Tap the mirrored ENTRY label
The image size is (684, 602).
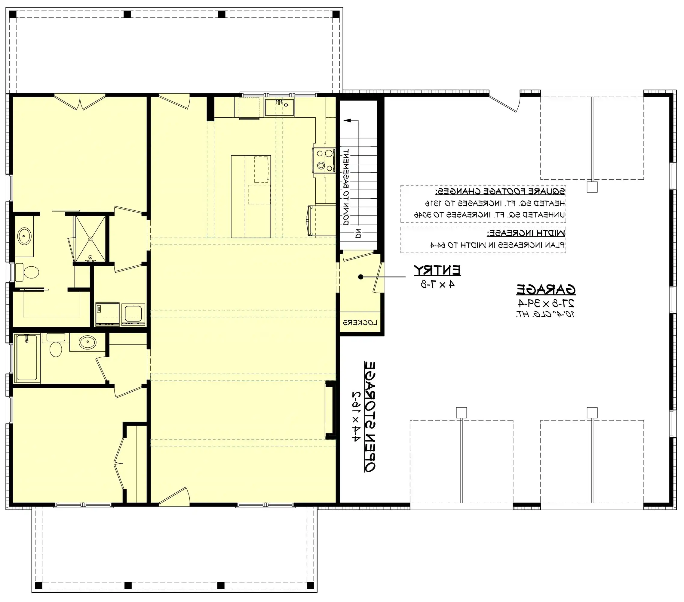(437, 270)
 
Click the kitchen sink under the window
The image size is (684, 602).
(279, 107)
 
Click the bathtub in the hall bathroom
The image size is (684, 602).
(26, 358)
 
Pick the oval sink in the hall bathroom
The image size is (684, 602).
(88, 342)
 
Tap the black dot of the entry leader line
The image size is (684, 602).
(360, 277)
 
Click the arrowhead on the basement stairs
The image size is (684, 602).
(347, 121)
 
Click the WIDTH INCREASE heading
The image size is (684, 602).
(526, 233)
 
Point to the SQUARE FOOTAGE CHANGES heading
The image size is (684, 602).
(500, 191)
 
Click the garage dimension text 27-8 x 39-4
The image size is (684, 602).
(546, 303)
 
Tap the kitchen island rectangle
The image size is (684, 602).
(251, 196)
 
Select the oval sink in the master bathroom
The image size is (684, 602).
(24, 236)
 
